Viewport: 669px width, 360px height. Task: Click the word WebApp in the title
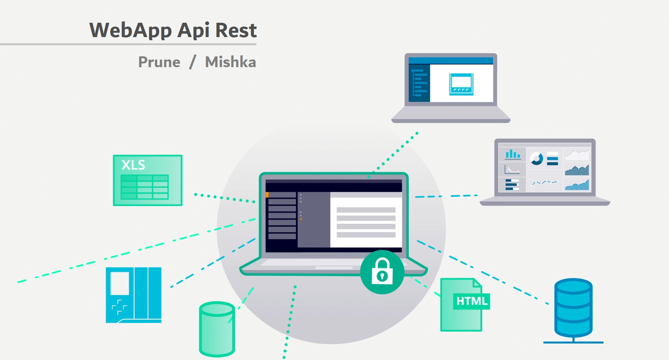[x=130, y=30]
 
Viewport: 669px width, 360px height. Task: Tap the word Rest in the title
[x=236, y=30]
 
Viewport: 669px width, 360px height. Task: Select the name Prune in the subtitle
[x=159, y=62]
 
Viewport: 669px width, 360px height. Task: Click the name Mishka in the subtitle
[x=231, y=62]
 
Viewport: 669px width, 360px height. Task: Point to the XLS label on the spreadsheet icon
[x=133, y=165]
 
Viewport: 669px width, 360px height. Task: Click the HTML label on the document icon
[x=472, y=301]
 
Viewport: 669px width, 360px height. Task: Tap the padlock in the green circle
[x=382, y=272]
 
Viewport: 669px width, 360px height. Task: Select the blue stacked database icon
[x=573, y=308]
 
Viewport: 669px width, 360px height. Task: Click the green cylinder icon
[x=217, y=329]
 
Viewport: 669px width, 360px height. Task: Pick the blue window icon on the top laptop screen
[x=461, y=84]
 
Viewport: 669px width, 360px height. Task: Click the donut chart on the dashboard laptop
[x=536, y=158]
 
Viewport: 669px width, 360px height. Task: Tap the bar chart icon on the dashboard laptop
[x=513, y=154]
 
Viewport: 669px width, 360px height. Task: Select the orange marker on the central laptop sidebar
[x=267, y=195]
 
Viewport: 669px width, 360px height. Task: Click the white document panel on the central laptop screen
[x=366, y=222]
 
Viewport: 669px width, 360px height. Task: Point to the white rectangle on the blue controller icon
[x=120, y=283]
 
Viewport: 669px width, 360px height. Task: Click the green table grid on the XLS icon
[x=145, y=187]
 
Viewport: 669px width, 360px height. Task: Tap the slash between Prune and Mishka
[x=192, y=62]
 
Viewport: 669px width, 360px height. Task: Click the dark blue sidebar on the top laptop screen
[x=419, y=83]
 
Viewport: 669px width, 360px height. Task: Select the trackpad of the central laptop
[x=334, y=268]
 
